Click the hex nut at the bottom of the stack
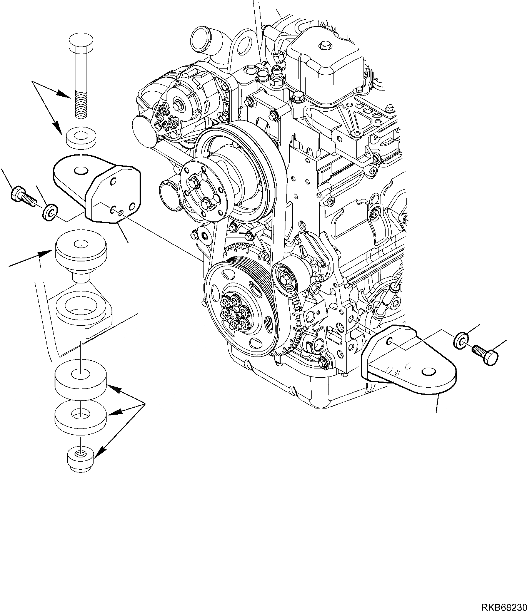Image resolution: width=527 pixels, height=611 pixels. (81, 459)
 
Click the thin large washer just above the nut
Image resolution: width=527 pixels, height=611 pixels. (80, 418)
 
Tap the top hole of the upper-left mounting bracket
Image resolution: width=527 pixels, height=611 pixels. (80, 170)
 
